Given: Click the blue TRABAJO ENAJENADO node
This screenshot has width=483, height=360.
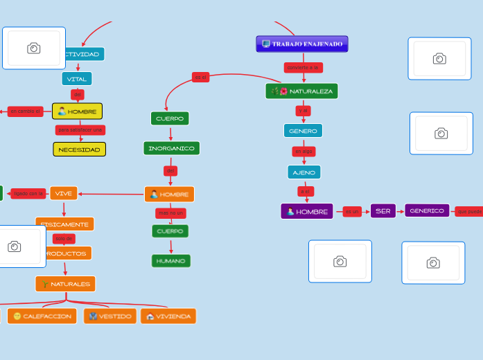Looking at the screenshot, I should click(x=302, y=44).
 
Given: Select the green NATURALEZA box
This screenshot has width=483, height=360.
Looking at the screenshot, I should click(x=302, y=91).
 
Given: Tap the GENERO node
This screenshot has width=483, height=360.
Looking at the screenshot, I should click(x=303, y=131).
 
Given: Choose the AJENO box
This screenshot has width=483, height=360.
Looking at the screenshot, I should click(x=304, y=172).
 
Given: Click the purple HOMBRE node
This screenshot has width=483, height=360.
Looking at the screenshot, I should click(x=307, y=212).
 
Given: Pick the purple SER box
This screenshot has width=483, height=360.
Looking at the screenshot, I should click(x=383, y=211).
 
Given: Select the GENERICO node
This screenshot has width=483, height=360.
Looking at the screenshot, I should click(x=427, y=211).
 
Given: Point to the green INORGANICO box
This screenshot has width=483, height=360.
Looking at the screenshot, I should click(x=171, y=148).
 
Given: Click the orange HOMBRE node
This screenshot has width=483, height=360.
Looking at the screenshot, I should click(x=169, y=195).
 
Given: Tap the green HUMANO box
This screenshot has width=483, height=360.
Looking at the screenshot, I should click(x=170, y=261).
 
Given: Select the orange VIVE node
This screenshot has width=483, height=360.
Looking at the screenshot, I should click(x=64, y=193).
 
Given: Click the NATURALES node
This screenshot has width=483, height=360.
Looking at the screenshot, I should click(x=66, y=284).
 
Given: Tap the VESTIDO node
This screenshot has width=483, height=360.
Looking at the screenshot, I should click(x=110, y=316).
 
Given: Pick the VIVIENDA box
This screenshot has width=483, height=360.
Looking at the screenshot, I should click(x=168, y=316).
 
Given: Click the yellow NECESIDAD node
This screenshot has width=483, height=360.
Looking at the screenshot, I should click(x=80, y=150).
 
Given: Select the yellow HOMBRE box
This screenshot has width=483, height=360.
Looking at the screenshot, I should click(x=77, y=111).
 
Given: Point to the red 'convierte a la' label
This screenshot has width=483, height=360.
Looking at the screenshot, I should click(x=303, y=67).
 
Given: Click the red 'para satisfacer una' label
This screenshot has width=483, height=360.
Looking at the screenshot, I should click(x=80, y=130).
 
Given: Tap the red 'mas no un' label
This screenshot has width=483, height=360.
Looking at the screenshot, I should click(x=170, y=213).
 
